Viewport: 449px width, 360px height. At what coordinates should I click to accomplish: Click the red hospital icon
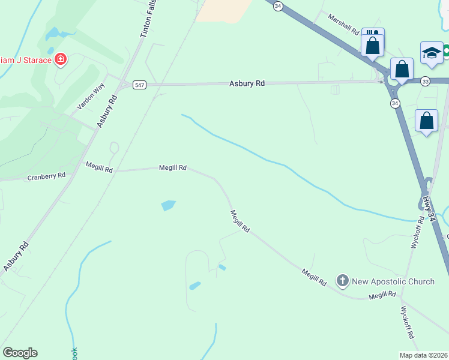click(61, 59)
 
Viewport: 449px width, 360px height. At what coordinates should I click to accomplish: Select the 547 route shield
click(139, 85)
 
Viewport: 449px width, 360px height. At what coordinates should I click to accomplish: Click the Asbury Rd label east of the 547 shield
click(247, 84)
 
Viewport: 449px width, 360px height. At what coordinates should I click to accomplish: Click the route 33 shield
click(425, 81)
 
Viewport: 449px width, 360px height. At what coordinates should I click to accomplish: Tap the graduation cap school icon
click(432, 53)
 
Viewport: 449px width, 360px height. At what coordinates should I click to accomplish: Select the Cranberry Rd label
click(46, 177)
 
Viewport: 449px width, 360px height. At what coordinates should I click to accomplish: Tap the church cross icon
click(342, 280)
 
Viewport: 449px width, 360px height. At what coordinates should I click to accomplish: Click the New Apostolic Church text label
click(393, 281)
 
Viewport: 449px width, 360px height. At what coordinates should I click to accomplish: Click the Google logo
click(20, 353)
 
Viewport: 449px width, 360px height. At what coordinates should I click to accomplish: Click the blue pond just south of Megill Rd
click(169, 205)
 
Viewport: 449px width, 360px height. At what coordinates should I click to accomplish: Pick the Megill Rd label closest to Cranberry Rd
click(99, 167)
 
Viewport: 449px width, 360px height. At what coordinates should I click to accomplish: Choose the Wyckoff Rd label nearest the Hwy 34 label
click(418, 232)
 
